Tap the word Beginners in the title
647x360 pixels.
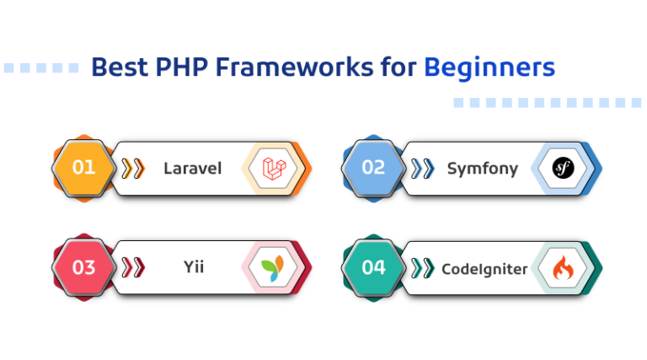tap(489, 67)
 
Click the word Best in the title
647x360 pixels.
tap(115, 67)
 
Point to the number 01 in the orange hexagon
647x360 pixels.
tap(83, 167)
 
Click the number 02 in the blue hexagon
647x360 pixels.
tap(373, 167)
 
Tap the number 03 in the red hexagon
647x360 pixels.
tap(83, 268)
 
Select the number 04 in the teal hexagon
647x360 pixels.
tap(373, 268)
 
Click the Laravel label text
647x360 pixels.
tap(192, 168)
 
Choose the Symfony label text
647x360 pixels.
tap(482, 168)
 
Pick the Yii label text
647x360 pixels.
tap(194, 268)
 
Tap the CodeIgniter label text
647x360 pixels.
tap(484, 269)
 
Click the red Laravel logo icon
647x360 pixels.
tap(275, 168)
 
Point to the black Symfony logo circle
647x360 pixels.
tap(564, 168)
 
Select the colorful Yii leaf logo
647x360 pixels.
tap(275, 268)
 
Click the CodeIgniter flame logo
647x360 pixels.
tap(564, 268)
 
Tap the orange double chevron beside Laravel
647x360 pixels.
tap(132, 168)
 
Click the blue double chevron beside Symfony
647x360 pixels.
tap(422, 168)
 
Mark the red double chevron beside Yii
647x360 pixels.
tap(132, 268)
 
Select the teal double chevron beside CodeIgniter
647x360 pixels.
tap(422, 268)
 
